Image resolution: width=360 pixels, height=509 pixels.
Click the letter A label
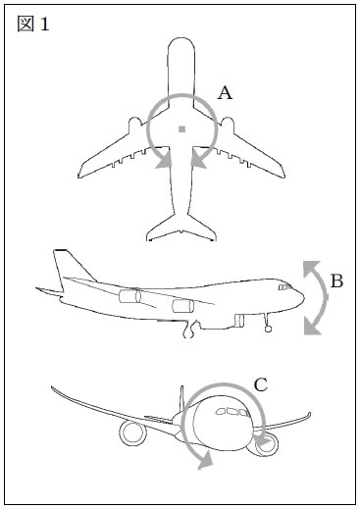coord(225,93)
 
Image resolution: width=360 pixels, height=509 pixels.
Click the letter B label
coord(336,281)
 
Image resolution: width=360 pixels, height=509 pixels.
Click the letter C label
coord(261,384)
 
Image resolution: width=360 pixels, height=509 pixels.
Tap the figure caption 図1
coord(33,24)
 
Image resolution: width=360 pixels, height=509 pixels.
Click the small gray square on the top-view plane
coord(182,129)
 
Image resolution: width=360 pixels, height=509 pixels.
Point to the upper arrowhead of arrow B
coord(311,269)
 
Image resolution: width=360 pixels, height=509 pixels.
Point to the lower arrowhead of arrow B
coord(312,328)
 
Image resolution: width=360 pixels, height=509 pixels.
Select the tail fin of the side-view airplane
coord(72,267)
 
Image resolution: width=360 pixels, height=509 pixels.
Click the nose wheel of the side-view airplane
coord(268,329)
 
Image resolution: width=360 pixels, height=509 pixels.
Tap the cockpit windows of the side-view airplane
coord(285,287)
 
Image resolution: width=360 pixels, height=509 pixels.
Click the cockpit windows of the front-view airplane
coord(232,412)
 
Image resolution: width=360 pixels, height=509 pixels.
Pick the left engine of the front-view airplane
coord(132,433)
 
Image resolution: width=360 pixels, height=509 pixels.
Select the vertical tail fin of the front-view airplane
coord(181,399)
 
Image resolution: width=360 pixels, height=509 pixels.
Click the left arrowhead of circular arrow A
coord(164,159)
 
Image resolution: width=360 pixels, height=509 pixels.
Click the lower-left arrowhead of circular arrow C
coord(205,461)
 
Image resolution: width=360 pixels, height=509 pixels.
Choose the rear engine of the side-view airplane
coord(129,296)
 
